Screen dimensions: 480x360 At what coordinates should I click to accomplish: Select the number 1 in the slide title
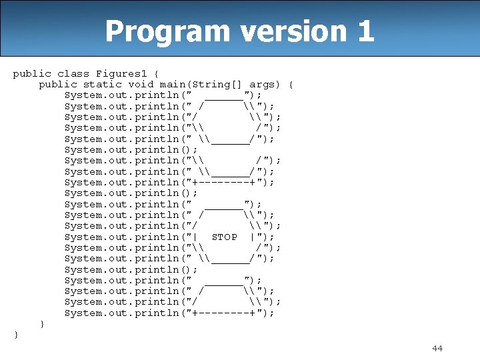tap(365, 31)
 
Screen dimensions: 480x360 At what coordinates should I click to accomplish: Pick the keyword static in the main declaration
tap(103, 84)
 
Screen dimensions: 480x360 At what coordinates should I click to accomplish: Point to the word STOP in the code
tap(224, 237)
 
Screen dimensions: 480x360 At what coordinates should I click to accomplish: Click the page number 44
tap(437, 348)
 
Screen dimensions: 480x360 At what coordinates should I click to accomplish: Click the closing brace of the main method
tap(42, 324)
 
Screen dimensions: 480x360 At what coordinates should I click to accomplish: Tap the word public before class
tap(32, 73)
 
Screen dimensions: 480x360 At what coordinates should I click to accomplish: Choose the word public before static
tap(57, 84)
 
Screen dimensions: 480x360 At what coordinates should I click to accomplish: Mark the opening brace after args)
tap(291, 84)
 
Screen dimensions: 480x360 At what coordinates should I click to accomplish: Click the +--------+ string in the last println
tap(224, 313)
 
